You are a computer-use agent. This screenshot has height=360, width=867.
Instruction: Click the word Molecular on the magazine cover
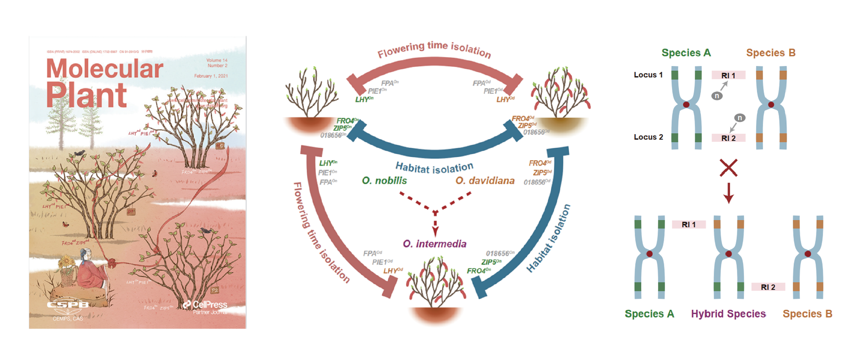tap(105, 69)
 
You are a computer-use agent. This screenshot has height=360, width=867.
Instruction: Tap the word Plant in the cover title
tap(86, 95)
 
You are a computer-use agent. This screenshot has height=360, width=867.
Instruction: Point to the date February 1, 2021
tap(211, 76)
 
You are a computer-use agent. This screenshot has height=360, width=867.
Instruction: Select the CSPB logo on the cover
tap(68, 305)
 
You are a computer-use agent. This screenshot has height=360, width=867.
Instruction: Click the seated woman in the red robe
tap(90, 269)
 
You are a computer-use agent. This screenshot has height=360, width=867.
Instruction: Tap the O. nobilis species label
tap(384, 180)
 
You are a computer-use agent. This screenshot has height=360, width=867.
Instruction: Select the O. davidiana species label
tap(485, 180)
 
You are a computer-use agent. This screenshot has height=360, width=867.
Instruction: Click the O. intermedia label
tap(435, 244)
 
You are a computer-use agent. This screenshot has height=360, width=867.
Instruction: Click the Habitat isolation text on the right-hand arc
tap(549, 239)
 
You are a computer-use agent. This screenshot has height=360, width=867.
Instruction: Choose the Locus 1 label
tap(648, 75)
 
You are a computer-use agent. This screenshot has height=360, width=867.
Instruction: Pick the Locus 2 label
tap(648, 137)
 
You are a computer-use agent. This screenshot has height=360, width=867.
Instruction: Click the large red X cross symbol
tap(729, 168)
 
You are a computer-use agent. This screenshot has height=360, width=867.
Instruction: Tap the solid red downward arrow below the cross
tap(728, 193)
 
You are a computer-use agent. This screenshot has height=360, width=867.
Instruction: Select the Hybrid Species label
tap(728, 314)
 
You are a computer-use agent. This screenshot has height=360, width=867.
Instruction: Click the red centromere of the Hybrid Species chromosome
tap(729, 254)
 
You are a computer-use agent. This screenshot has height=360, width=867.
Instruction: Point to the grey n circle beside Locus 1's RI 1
tap(717, 96)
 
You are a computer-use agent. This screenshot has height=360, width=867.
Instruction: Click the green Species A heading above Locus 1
tap(686, 53)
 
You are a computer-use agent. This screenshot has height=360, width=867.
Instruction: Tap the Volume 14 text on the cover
tap(217, 60)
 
